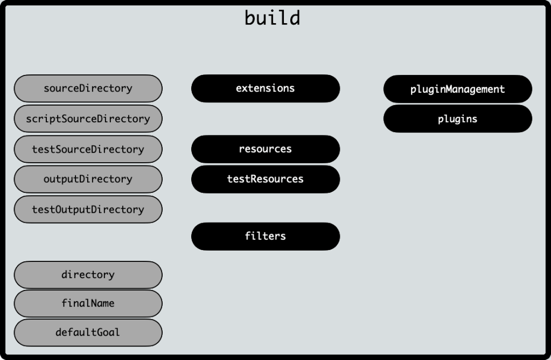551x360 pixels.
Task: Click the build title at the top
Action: (272, 17)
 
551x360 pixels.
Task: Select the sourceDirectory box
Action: (88, 88)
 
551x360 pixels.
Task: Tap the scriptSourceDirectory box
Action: (88, 119)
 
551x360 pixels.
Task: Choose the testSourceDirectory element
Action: (88, 149)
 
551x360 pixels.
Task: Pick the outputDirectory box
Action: (88, 179)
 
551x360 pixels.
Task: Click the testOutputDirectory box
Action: (88, 210)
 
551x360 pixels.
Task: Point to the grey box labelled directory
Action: (88, 275)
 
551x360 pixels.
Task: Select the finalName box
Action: (88, 303)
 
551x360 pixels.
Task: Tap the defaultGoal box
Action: (88, 333)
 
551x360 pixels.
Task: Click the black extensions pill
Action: (266, 88)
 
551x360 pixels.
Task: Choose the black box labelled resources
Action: (266, 149)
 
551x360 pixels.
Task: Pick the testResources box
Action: (266, 179)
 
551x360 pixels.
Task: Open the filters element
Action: (266, 236)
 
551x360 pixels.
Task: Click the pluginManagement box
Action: (458, 89)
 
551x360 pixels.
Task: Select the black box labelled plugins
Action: (458, 119)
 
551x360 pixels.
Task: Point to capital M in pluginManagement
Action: (449, 89)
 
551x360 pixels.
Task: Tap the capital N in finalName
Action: (94, 303)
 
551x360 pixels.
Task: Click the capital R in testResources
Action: (254, 179)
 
